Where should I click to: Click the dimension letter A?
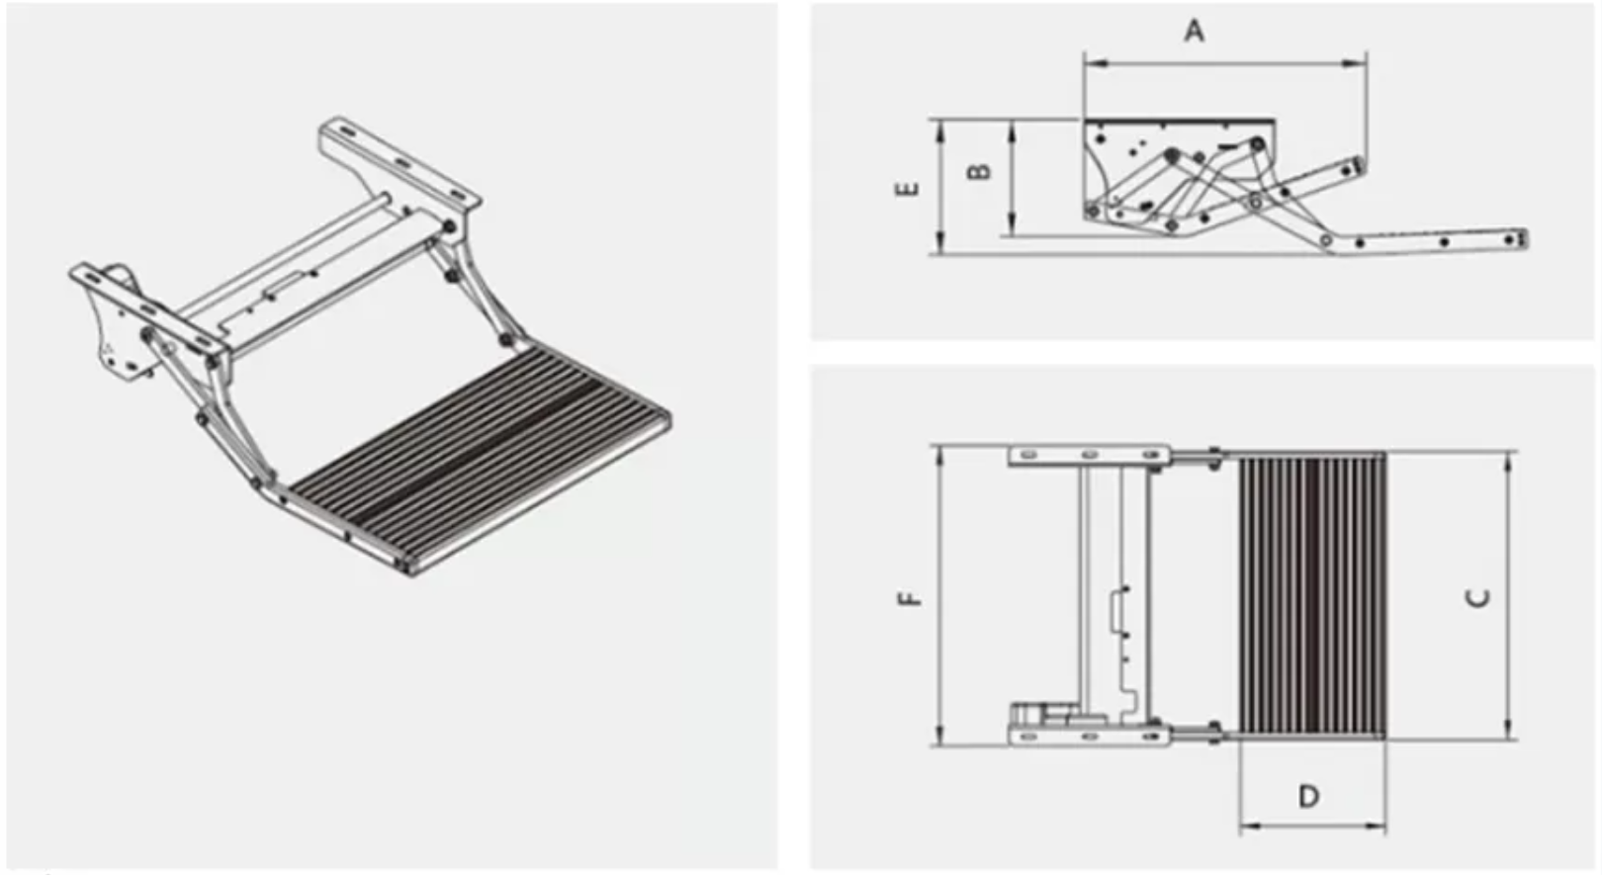click(x=1195, y=32)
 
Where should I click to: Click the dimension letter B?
click(x=978, y=171)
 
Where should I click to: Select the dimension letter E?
click(x=907, y=188)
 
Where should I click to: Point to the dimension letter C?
click(x=1477, y=598)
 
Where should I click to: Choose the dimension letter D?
click(x=1308, y=796)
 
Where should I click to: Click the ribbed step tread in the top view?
click(x=1311, y=596)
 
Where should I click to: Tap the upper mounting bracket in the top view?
click(x=1088, y=455)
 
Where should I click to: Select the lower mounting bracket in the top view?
click(x=1088, y=736)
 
